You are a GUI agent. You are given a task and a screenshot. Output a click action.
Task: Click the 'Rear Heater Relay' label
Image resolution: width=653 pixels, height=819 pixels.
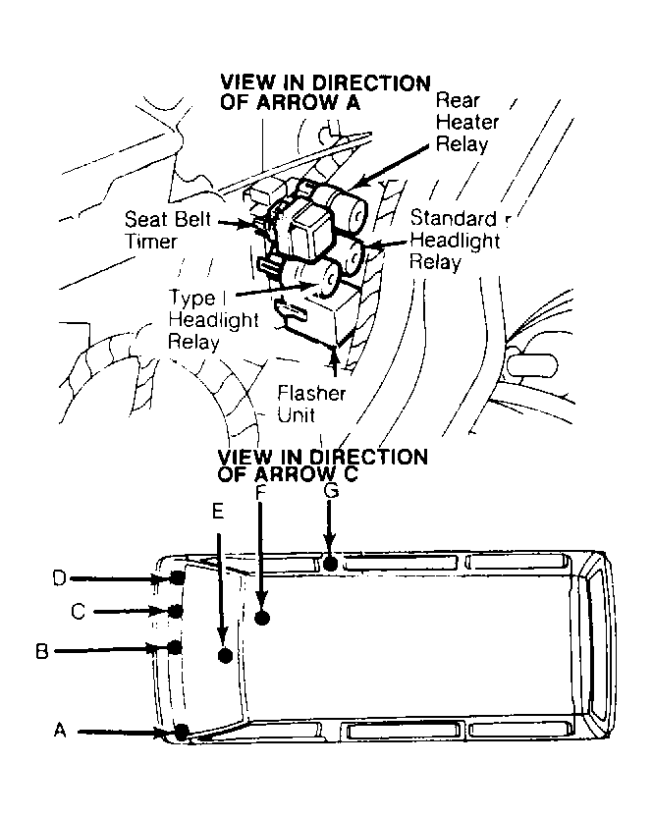[465, 122]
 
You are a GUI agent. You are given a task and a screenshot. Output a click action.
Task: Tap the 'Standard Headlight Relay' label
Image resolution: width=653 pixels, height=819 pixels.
[455, 240]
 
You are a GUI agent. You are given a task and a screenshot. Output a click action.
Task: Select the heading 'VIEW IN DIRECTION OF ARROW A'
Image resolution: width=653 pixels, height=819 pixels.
[325, 91]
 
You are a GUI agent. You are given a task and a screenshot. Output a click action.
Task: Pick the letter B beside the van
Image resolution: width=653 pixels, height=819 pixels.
[42, 650]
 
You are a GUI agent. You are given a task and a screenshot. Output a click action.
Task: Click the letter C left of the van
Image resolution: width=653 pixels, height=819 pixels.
[78, 611]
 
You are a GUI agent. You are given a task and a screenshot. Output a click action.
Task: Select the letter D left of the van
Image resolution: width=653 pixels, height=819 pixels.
[59, 578]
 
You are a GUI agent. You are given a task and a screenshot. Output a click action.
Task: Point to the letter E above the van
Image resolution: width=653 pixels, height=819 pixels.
[218, 512]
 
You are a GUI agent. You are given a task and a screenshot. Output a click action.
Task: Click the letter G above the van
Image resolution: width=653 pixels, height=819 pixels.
[331, 492]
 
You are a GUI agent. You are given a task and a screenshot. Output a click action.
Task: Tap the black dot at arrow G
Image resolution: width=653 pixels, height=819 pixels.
[331, 563]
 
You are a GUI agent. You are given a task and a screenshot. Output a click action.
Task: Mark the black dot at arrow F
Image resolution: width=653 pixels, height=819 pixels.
[262, 618]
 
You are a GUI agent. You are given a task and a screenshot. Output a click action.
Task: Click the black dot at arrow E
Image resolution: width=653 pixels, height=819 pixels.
[225, 655]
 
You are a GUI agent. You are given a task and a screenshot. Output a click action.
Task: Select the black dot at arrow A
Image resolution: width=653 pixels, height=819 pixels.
[182, 731]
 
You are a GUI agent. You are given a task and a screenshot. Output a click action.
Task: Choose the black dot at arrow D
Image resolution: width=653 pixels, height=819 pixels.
[177, 577]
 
